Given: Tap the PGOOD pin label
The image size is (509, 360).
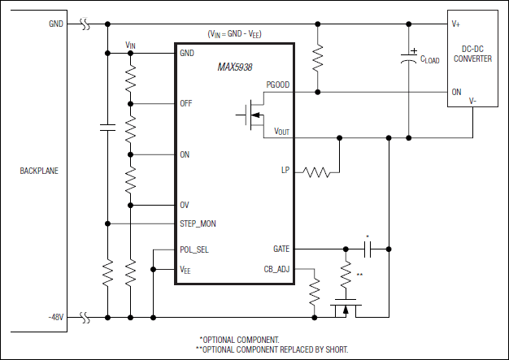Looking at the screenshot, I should click(277, 85).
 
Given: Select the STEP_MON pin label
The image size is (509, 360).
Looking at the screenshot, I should click(198, 223).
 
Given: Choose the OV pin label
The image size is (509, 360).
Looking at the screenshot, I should click(185, 205).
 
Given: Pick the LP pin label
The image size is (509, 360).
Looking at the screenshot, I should click(285, 171).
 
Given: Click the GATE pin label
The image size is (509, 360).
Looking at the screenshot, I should click(281, 249).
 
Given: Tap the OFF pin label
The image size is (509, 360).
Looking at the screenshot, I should click(186, 104).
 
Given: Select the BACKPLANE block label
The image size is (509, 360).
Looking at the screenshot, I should click(38, 171).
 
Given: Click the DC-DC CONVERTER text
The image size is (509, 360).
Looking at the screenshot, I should click(472, 53).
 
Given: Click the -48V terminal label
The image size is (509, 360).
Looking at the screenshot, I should click(55, 316).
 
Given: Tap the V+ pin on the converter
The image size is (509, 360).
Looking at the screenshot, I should click(457, 24).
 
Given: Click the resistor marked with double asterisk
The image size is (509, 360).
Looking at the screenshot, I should click(346, 271).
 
